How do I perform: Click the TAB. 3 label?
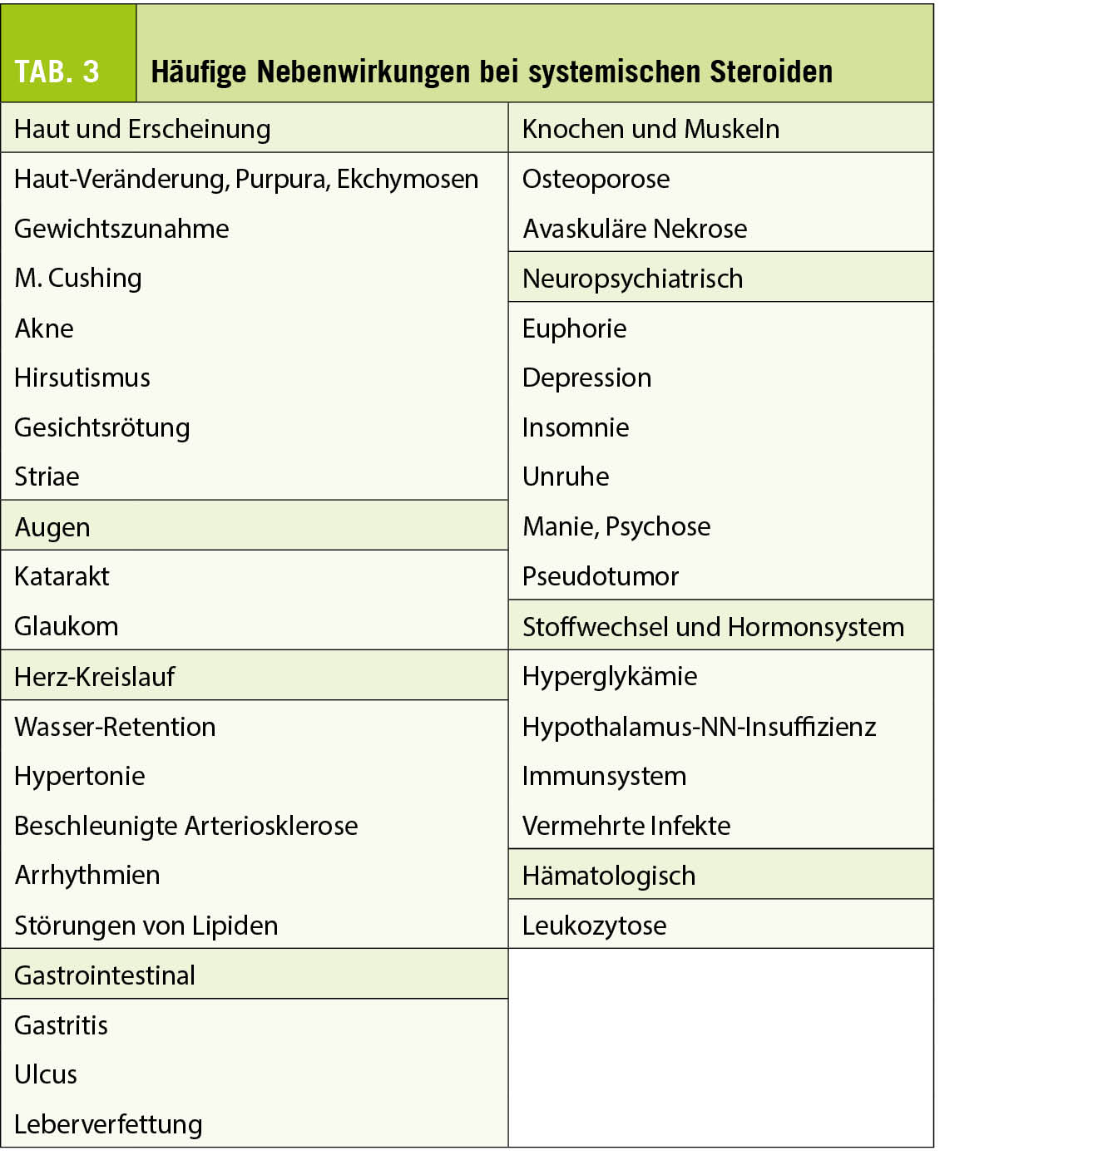57,72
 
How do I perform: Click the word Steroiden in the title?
771,72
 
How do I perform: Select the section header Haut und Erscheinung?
142,129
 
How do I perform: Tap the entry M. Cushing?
78,278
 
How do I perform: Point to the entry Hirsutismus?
82,378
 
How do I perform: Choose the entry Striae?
47,476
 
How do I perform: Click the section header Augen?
52,526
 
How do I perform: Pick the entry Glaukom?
67,626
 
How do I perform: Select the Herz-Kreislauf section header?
95,676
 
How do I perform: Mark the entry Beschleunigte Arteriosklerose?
186,826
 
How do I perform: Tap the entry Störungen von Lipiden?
146,926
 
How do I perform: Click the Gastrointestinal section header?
105,975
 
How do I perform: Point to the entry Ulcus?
46,1074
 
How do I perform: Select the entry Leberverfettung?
108,1124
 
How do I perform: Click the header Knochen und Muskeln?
650,129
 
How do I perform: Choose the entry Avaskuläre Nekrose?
635,229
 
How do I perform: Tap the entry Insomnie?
576,427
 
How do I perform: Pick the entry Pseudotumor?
601,576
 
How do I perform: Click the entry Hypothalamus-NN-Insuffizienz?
699,727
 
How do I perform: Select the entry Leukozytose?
594,926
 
